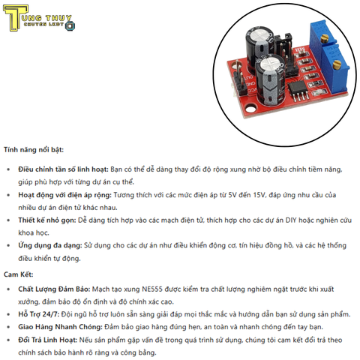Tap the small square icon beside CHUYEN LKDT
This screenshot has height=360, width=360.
click(x=70, y=26)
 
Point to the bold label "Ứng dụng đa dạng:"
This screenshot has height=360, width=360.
click(x=49, y=245)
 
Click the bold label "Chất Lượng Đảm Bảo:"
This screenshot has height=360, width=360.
click(x=53, y=289)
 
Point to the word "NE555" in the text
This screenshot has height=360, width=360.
click(x=158, y=289)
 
